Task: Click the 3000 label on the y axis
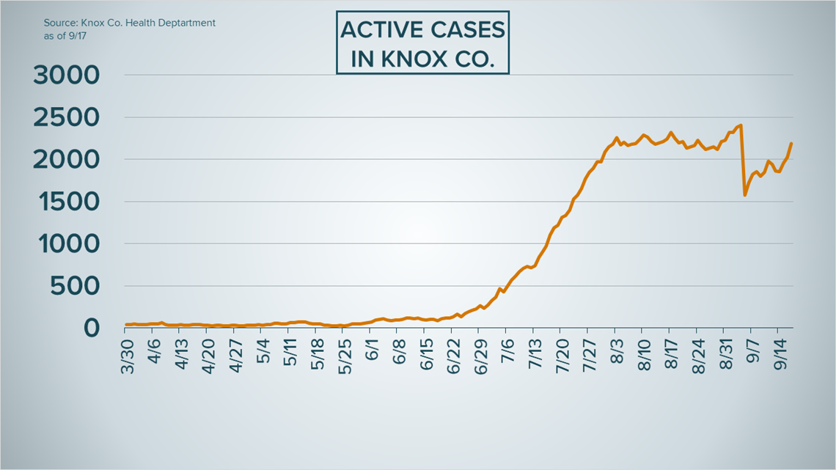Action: click(65, 76)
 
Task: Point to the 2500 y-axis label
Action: click(65, 117)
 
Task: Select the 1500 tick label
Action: click(65, 202)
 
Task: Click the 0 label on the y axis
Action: click(91, 328)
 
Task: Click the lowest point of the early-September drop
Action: click(745, 195)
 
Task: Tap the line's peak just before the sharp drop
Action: click(741, 125)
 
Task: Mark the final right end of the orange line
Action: click(792, 144)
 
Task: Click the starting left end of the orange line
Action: click(126, 325)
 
